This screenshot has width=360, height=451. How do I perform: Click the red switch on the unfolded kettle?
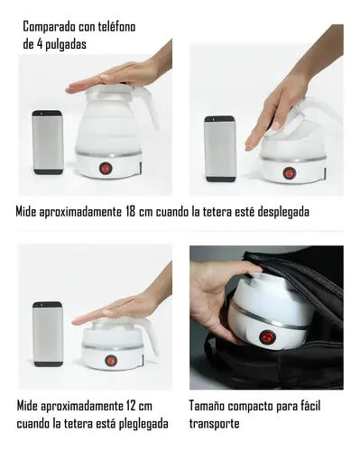tap(106, 168)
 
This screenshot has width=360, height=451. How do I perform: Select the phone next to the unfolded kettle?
tap(48, 143)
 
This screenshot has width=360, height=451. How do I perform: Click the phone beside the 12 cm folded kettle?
tap(48, 334)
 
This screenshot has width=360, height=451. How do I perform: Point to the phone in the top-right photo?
tap(220, 149)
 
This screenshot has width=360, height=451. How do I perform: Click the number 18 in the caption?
tap(130, 212)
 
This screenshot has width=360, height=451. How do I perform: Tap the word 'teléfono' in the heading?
tap(116, 27)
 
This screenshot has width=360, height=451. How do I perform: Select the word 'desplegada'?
tap(283, 212)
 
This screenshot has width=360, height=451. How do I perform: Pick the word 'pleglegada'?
tap(143, 424)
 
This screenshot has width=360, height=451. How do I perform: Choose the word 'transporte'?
tap(215, 424)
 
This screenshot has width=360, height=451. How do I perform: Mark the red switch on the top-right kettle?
tap(289, 173)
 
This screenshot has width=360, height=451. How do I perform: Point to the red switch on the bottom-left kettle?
tap(110, 360)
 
